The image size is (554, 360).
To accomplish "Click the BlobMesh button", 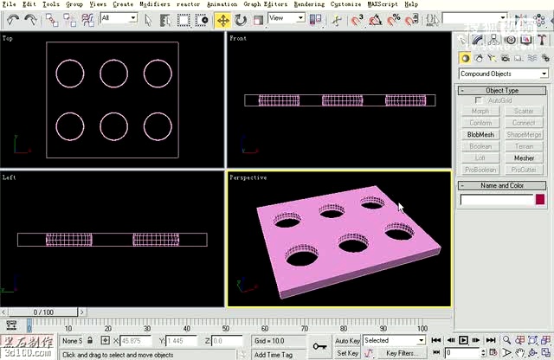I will click(480, 134).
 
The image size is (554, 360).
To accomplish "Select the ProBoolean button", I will click(480, 170).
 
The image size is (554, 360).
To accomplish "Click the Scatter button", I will click(524, 111).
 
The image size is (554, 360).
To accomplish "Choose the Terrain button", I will click(524, 146).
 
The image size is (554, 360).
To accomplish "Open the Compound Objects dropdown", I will click(503, 74).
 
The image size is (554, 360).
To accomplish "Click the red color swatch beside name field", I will click(540, 200).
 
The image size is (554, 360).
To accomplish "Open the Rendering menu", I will click(309, 4).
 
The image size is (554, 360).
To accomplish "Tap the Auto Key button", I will click(347, 341).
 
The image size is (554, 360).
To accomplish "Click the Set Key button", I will click(347, 353).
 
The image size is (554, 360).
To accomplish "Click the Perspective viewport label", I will click(248, 177).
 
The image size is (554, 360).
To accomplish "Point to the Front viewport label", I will click(238, 38).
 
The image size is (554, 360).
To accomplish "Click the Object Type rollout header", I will click(502, 90).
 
